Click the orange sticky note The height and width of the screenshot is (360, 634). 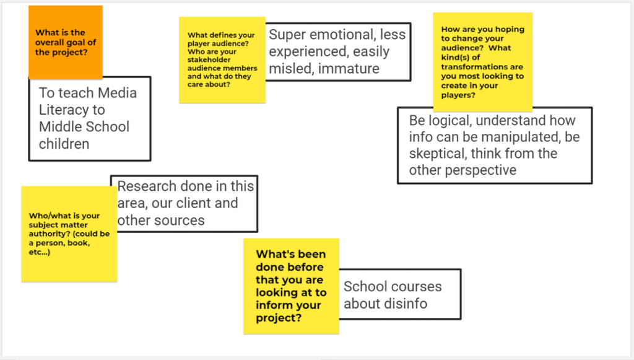(66, 42)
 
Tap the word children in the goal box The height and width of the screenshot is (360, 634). (64, 144)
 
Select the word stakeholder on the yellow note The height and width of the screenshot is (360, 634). (209, 60)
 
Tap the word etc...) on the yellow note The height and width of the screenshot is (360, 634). (39, 252)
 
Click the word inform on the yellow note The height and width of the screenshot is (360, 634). (272, 305)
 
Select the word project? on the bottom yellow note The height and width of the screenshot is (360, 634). (279, 318)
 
